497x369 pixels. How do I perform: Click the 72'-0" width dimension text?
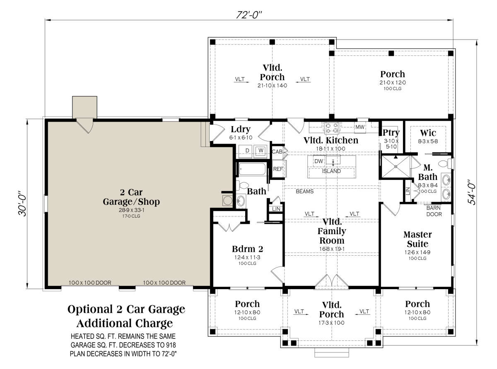point(249,15)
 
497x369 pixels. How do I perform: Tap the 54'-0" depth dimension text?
point(471,192)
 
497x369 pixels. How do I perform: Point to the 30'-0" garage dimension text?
point(22,203)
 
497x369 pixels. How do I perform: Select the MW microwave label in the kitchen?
point(360,127)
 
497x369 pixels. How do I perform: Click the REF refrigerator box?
point(278,169)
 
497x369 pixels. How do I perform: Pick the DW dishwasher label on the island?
point(318,161)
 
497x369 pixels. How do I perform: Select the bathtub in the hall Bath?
point(253,169)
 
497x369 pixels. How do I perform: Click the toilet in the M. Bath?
point(446,163)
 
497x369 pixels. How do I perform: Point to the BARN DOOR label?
point(434,211)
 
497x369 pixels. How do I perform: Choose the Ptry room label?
point(391,132)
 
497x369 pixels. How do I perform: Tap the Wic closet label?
point(428,133)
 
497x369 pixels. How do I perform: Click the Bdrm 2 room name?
point(247,249)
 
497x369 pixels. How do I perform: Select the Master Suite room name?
point(417,239)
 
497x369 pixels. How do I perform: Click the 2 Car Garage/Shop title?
point(131,197)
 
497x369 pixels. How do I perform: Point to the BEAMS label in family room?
point(304,192)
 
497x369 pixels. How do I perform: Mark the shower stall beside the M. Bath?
point(396,167)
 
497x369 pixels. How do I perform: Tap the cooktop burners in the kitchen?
point(332,128)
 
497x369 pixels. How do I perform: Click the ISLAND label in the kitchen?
point(331,171)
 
